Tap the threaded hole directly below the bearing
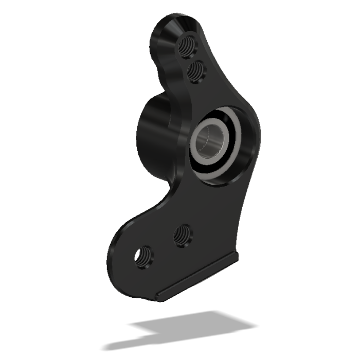pyautogui.click(x=182, y=235)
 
